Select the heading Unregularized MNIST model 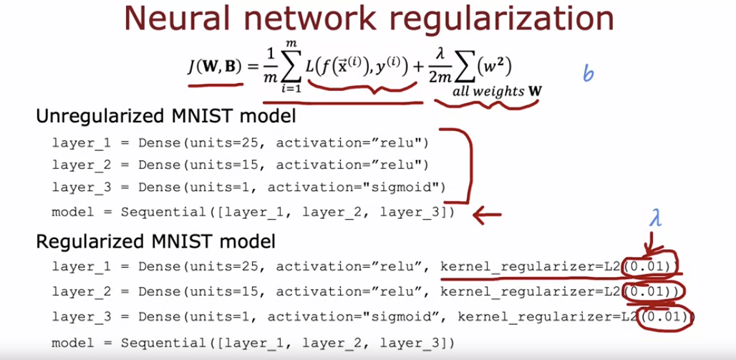point(165,117)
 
